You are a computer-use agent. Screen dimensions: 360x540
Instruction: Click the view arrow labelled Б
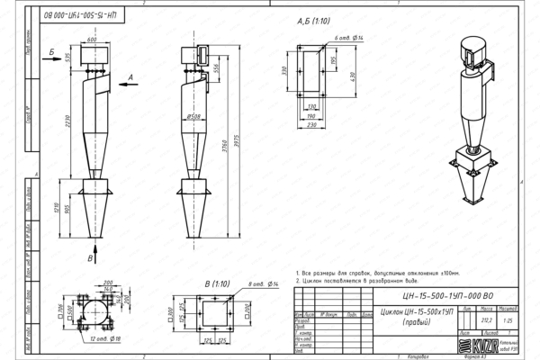pyautogui.click(x=53, y=42)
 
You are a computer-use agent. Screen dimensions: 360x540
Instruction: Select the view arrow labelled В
pyautogui.click(x=91, y=257)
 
